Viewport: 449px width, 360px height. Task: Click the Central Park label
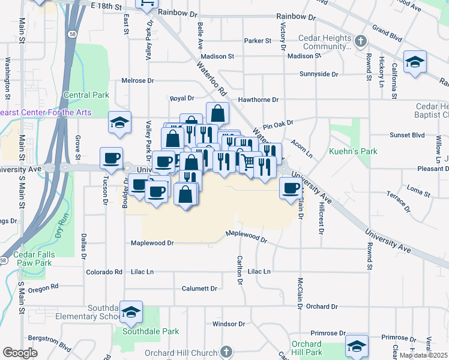point(86,95)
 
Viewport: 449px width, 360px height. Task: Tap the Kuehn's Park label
point(354,151)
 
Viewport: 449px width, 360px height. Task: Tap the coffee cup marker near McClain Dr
point(291,188)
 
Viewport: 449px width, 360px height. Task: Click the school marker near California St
point(415,62)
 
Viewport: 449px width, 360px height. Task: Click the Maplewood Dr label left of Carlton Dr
point(152,243)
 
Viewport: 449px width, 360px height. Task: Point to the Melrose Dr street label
point(137,80)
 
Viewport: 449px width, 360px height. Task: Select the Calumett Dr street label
point(199,289)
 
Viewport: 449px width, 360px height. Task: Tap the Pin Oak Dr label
point(277,122)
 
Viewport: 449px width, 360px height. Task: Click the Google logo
point(20,353)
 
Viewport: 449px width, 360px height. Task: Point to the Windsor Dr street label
point(229,324)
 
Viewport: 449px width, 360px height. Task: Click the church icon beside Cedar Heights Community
point(360,41)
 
